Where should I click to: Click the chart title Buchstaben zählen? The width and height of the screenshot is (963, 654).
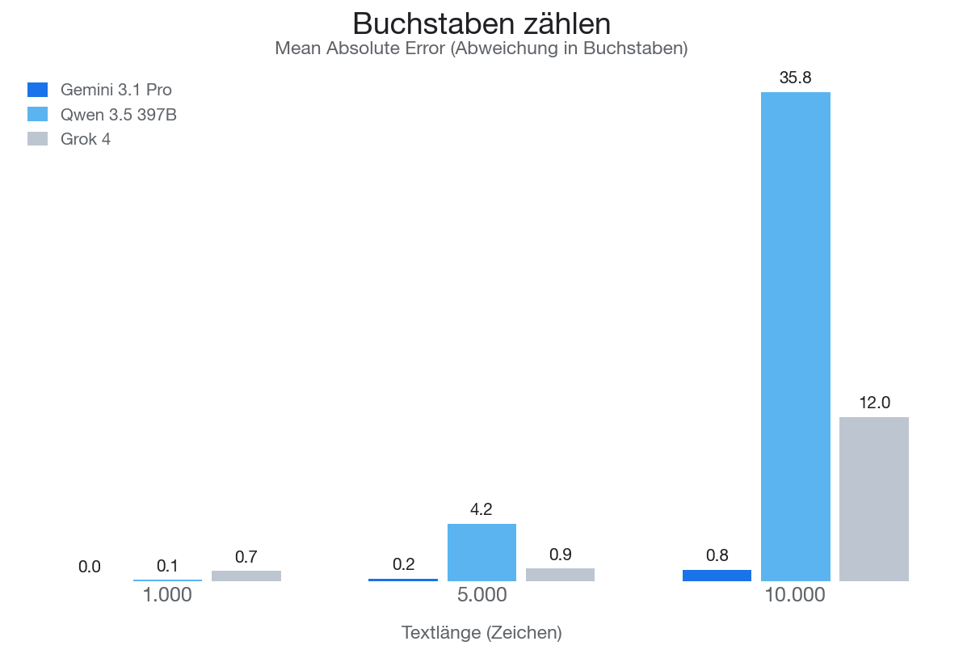(x=481, y=23)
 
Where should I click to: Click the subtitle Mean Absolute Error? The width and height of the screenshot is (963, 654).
(x=481, y=49)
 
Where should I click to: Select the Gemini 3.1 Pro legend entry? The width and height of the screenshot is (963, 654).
(x=116, y=90)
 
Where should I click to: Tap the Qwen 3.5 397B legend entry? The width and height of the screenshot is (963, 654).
(x=118, y=115)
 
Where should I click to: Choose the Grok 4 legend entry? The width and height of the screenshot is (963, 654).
(x=86, y=139)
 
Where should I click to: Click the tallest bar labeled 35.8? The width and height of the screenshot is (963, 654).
(x=796, y=335)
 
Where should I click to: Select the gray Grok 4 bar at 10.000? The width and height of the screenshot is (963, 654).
(x=874, y=499)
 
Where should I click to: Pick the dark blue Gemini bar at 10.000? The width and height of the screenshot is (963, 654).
(x=717, y=576)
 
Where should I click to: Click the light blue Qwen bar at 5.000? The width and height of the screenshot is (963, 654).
(x=481, y=552)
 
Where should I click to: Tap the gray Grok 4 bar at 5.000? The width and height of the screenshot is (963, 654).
(x=560, y=575)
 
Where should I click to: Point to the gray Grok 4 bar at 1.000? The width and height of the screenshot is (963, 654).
(x=246, y=576)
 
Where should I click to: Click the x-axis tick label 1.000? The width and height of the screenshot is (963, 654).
(x=167, y=596)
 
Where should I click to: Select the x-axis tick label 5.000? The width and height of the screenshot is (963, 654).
(x=481, y=596)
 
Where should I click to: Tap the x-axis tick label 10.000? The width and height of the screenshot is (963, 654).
(x=796, y=596)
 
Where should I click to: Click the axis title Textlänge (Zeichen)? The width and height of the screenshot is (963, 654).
(x=481, y=633)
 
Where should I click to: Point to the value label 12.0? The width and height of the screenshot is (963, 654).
(x=874, y=403)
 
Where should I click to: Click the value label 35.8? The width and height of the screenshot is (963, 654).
(x=796, y=78)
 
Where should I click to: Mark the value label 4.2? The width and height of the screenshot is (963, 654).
(x=481, y=509)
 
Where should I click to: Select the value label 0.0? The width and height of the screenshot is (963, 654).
(x=90, y=567)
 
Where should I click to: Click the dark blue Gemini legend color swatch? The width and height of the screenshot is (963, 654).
(x=38, y=90)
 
